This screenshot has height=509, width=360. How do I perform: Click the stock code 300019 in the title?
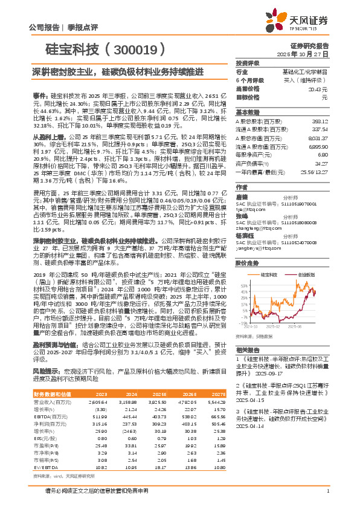click(x=137, y=48)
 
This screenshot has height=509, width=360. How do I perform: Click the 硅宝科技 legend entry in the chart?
click(x=271, y=274)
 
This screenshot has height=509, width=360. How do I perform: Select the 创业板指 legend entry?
click(x=306, y=274)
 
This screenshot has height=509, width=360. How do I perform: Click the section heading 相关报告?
click(x=247, y=350)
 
